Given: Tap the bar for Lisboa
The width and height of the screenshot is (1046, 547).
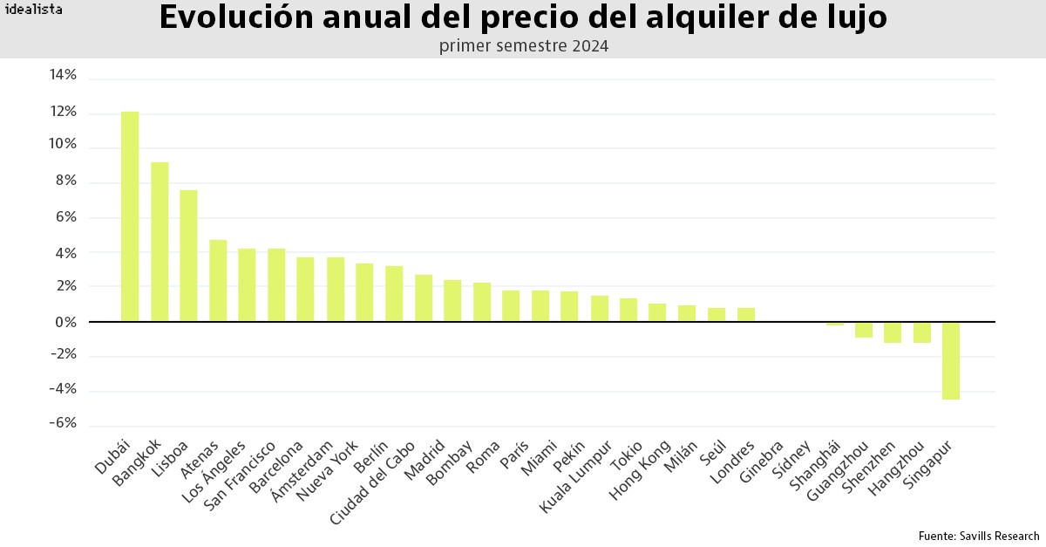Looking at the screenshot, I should pos(188,256).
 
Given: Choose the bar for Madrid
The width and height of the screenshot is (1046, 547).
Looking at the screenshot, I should pos(452,301).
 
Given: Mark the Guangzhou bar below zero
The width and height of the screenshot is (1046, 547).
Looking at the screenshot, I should pos(863,330).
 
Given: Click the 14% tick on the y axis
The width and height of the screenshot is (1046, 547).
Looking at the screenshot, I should pos(63,76).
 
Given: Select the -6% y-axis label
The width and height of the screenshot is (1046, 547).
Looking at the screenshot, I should pos(63,423).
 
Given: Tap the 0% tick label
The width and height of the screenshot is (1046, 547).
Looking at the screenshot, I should pos(65,322).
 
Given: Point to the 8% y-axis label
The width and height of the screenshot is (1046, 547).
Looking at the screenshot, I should pos(65,181).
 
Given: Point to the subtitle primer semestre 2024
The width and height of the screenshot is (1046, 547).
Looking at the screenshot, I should pos(523,45).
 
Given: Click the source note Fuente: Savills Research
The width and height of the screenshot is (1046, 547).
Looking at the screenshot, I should pos(978,536).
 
